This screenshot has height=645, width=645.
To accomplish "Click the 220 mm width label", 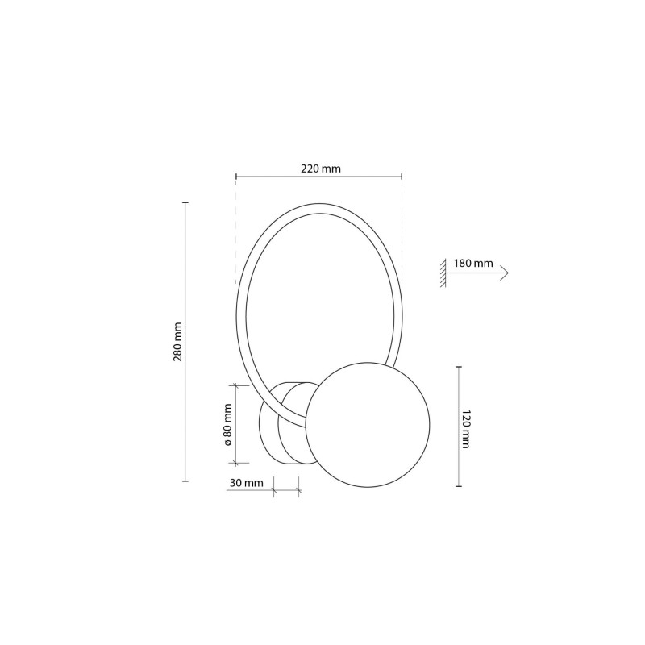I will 319,169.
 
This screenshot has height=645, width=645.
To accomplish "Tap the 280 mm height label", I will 177,342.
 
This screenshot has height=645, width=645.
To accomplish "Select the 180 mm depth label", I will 473,264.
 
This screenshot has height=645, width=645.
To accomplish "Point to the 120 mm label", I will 466,427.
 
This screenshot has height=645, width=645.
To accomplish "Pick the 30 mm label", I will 245,483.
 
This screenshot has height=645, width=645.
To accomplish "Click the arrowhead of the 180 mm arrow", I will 505,273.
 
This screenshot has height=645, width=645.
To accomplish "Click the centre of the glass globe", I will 368,423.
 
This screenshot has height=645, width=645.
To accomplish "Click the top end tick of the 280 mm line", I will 186,202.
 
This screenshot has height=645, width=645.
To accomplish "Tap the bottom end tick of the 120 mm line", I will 459,487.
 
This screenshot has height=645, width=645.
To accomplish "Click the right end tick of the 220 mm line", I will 402,176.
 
